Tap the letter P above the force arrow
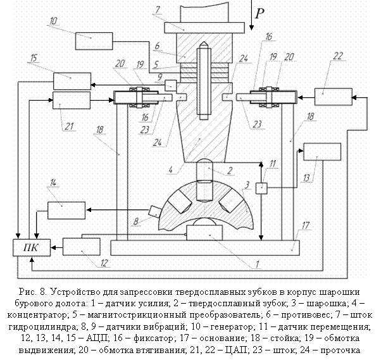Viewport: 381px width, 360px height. (x=259, y=13)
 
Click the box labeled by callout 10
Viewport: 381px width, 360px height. (x=92, y=41)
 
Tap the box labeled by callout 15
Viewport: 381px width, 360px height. (x=71, y=82)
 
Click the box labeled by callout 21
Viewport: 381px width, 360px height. (x=71, y=100)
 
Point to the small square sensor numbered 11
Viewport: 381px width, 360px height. (x=263, y=188)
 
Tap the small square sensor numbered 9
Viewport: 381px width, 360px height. (x=170, y=84)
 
